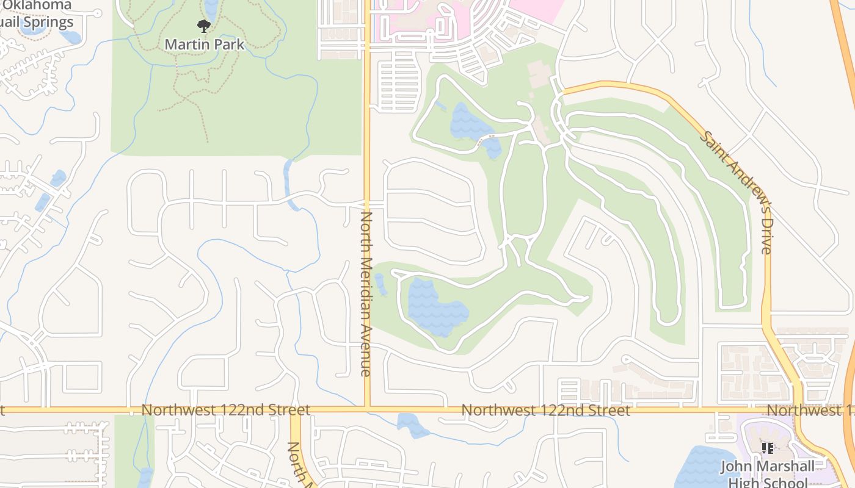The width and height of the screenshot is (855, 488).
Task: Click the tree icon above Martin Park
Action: click(x=204, y=26)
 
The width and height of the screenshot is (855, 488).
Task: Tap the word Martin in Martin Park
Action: click(x=184, y=45)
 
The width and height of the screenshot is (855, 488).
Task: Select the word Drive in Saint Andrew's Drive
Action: click(x=766, y=238)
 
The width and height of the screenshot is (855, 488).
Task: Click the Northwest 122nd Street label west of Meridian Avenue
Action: click(x=225, y=410)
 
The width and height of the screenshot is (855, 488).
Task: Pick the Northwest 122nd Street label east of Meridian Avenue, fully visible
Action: click(x=545, y=410)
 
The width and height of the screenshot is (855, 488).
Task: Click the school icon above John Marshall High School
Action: click(x=768, y=448)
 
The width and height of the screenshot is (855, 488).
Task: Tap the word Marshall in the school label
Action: click(x=784, y=467)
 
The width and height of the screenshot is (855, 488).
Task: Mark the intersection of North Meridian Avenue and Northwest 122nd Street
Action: click(x=367, y=408)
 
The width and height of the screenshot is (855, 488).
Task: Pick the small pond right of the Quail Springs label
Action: click(x=70, y=37)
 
